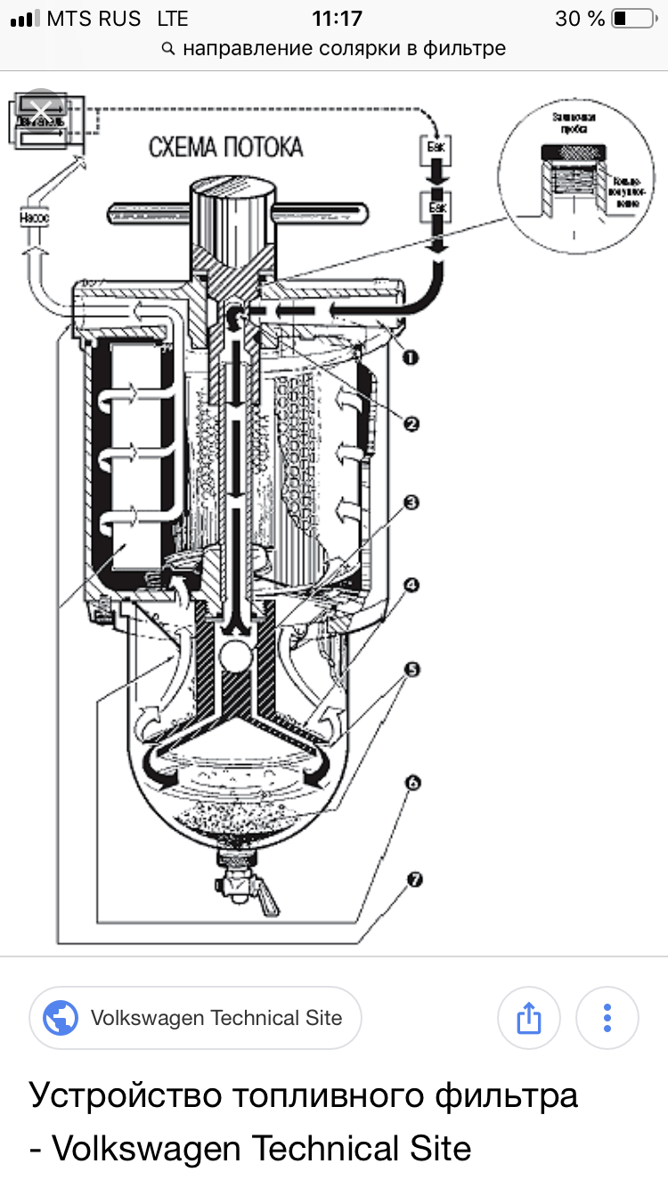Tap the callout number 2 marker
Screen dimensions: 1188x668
tap(411, 425)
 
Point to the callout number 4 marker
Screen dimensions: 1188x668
tap(411, 585)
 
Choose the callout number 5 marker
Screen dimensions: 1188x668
tap(411, 669)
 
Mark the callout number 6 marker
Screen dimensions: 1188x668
tap(411, 783)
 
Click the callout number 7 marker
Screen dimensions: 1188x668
tap(411, 880)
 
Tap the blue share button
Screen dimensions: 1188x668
tap(529, 1017)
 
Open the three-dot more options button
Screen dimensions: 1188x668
tap(607, 1017)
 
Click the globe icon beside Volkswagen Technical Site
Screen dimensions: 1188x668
tap(61, 1018)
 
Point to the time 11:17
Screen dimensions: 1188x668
tap(337, 19)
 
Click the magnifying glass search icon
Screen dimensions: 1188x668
tap(168, 49)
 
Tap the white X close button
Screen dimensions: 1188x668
tap(40, 110)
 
